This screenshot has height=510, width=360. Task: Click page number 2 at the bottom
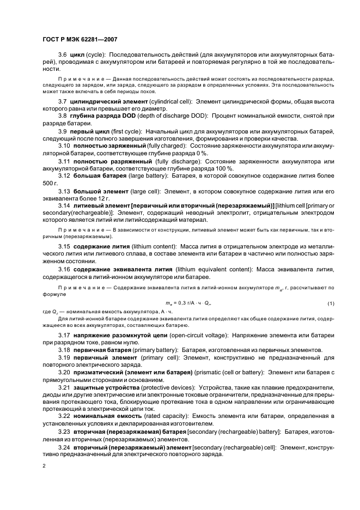(44, 466)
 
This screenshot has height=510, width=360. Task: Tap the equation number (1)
(330, 302)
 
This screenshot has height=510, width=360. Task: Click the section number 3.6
(62, 55)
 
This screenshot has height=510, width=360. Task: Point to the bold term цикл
(80, 55)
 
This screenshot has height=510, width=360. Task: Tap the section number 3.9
(62, 131)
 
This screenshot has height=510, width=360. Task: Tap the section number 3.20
(64, 372)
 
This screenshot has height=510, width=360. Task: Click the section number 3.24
(64, 446)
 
